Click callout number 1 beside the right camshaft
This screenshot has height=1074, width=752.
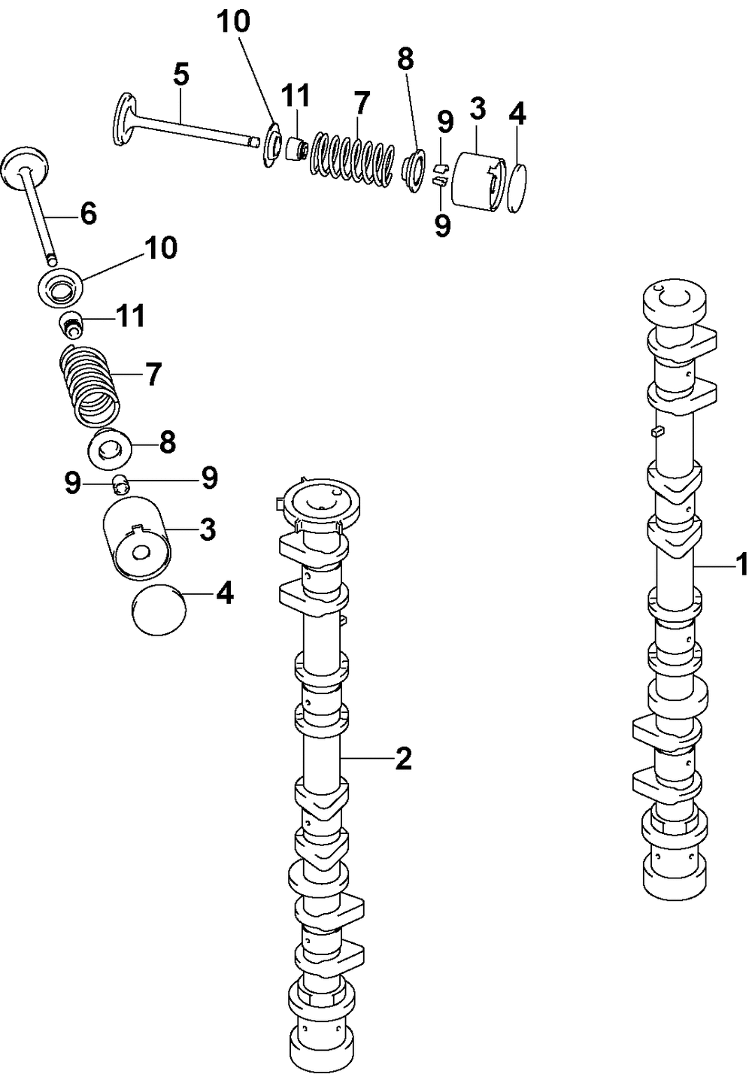(741, 564)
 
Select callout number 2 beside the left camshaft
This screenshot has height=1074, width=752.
(403, 759)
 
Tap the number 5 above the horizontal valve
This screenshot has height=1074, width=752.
(180, 75)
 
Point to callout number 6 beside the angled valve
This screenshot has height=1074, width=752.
(88, 214)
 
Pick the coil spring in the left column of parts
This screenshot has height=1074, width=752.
(89, 384)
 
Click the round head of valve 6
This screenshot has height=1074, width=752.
(26, 167)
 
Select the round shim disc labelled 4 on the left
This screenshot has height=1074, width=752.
(158, 611)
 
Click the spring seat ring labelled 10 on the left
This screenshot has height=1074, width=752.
(59, 287)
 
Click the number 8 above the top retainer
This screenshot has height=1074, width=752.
(405, 59)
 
